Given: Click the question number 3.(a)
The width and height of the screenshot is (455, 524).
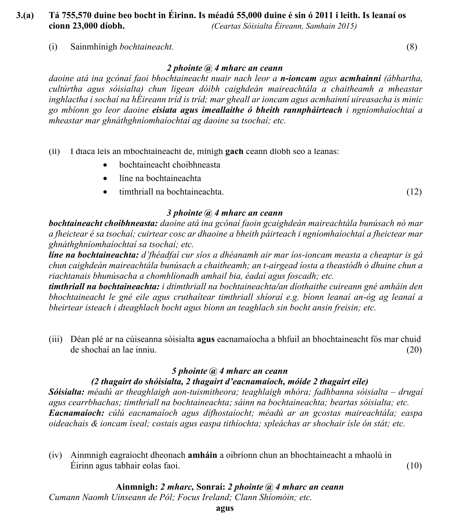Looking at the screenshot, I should (25, 15).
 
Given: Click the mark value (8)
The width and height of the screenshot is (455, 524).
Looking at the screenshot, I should (412, 47).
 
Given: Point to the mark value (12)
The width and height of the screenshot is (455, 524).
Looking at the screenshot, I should (414, 192).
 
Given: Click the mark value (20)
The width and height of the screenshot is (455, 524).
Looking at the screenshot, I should (414, 350).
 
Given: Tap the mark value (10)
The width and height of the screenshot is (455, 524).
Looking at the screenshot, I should (414, 466).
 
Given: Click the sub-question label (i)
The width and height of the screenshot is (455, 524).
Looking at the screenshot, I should (53, 47).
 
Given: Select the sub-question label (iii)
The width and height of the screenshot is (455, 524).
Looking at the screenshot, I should (55, 339).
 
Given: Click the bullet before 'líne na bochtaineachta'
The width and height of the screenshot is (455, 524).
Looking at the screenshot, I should (105, 178).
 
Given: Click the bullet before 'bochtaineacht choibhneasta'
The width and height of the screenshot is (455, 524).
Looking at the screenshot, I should (105, 165).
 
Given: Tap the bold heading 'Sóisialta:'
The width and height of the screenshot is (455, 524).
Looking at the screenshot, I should (67, 392).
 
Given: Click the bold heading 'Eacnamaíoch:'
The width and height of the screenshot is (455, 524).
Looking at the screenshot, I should (76, 413).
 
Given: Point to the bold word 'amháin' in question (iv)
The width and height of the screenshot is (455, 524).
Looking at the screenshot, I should (202, 455).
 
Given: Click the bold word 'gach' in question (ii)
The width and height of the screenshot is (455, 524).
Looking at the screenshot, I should (234, 152).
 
